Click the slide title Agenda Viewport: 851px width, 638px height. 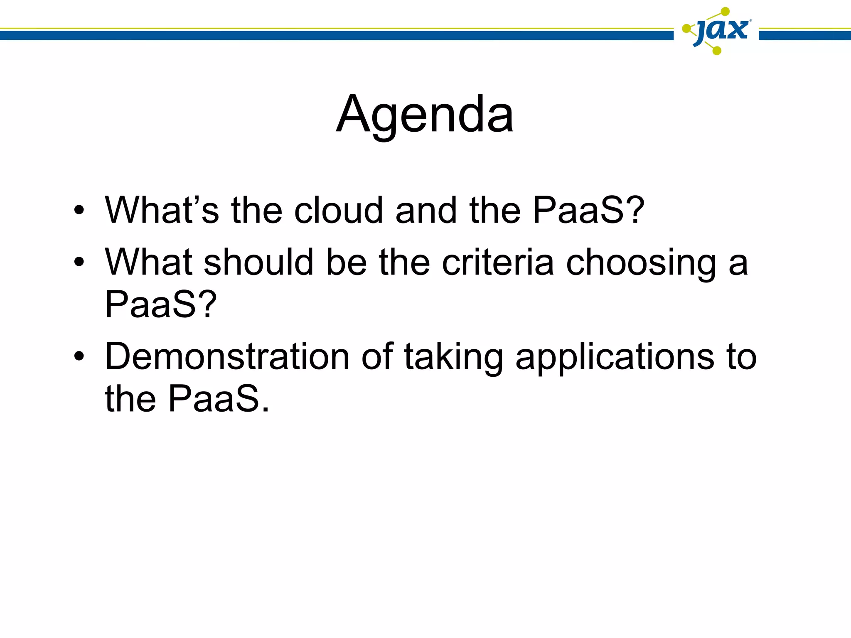(x=425, y=115)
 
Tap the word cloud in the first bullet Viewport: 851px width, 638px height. (x=338, y=210)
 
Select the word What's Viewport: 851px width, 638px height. (x=162, y=210)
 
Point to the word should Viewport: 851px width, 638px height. (x=258, y=262)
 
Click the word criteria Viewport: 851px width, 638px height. (x=497, y=262)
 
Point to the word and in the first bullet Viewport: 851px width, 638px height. (x=426, y=210)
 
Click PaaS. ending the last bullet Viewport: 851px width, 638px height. (x=219, y=399)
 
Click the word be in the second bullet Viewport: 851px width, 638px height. (x=346, y=262)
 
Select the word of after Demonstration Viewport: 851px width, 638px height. (x=377, y=356)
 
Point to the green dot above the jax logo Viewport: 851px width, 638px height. (x=725, y=11)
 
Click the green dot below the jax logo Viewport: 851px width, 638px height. (x=717, y=51)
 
